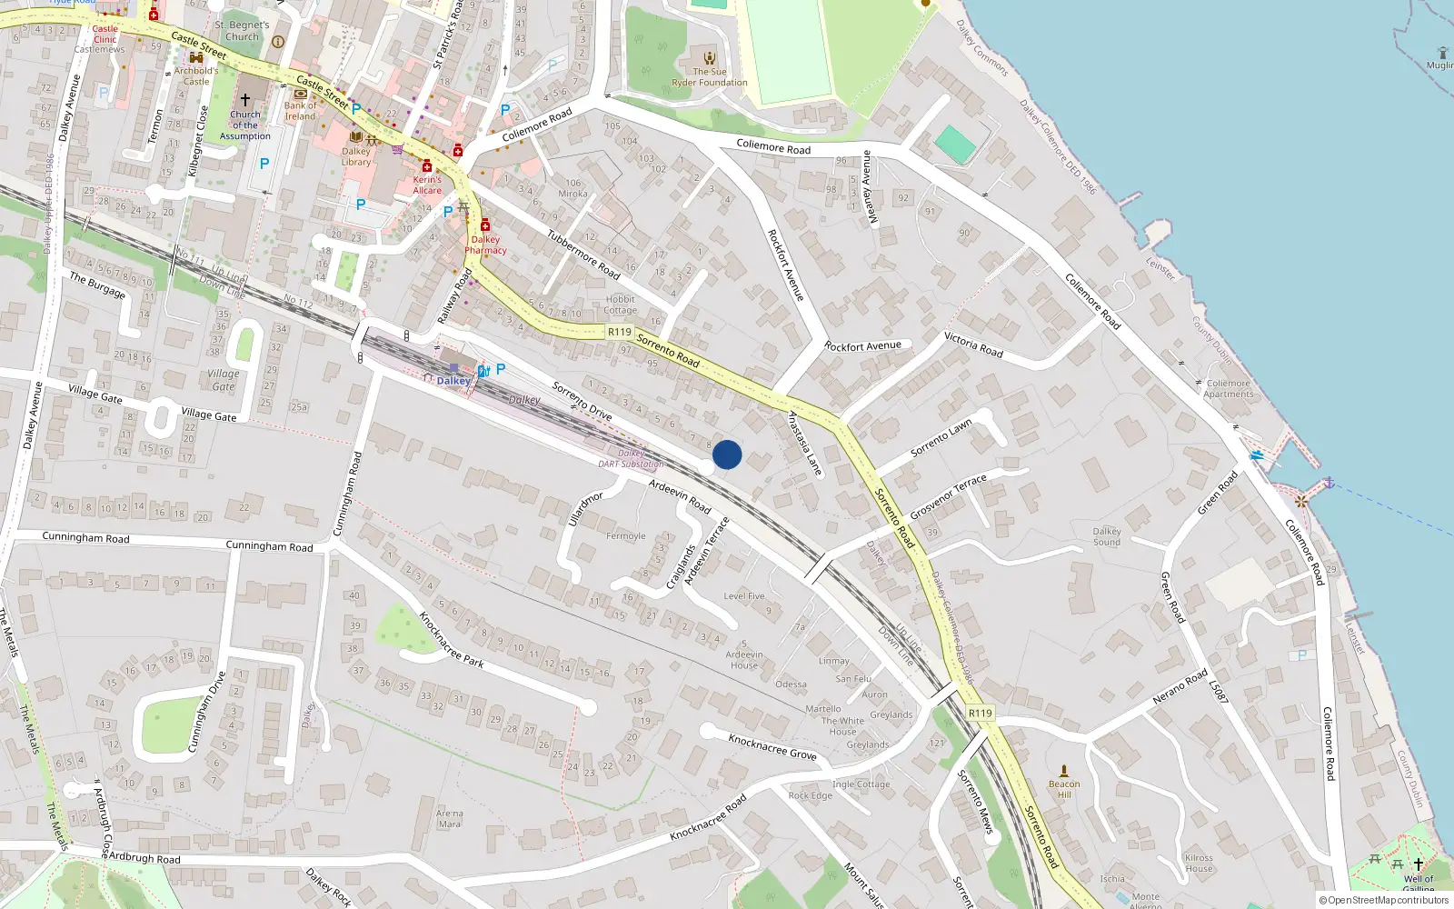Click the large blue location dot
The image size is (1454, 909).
tap(727, 454)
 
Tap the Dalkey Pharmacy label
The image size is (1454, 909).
tap(485, 245)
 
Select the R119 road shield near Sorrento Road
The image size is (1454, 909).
tap(620, 332)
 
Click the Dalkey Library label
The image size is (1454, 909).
tap(356, 157)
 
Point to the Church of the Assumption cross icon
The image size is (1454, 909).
tap(244, 100)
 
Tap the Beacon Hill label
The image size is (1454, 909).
tap(1064, 789)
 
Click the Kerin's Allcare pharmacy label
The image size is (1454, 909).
tap(427, 185)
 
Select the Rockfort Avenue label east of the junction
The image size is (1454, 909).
tap(862, 346)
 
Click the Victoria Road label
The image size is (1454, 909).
tap(973, 345)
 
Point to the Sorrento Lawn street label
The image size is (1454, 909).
tap(941, 437)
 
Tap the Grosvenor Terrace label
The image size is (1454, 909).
tap(948, 497)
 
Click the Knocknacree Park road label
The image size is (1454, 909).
tap(451, 639)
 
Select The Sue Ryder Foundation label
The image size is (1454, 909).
tap(710, 77)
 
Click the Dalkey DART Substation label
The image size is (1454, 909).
tap(631, 458)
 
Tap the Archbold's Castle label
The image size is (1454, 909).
tap(196, 75)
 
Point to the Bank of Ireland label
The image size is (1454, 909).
tap(301, 111)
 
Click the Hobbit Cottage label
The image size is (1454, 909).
tap(620, 305)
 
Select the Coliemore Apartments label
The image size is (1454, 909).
tap(1229, 388)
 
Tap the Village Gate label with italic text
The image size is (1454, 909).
tap(224, 380)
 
